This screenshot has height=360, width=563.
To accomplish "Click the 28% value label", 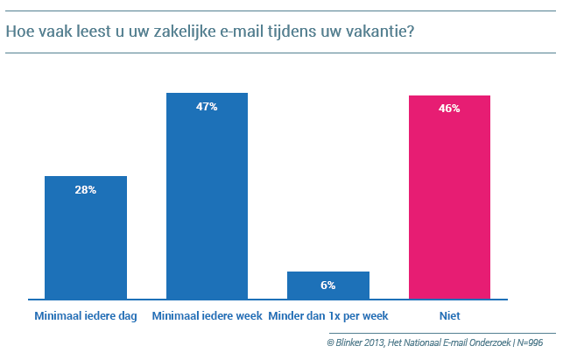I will coord(86,190).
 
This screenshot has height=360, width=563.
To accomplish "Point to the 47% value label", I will coord(207,107).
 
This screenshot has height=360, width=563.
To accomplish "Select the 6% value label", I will coord(328,285).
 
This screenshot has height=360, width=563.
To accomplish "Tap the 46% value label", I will coord(449,109).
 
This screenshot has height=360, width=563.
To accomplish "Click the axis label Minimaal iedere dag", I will coord(86,315).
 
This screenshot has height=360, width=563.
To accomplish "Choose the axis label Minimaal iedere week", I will coord(207,315).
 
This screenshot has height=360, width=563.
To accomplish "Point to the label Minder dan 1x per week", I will coord(328,315).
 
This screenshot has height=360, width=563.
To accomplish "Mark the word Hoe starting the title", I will coord(19,33).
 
